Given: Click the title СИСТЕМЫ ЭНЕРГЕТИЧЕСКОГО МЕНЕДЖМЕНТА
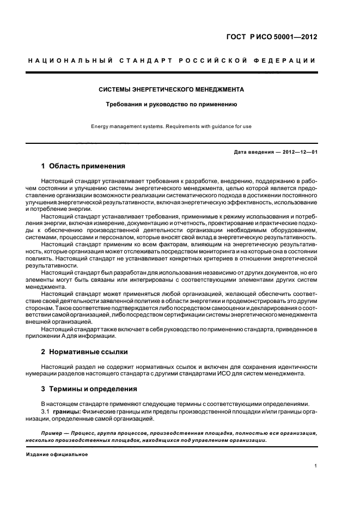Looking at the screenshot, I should coord(170,89).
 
